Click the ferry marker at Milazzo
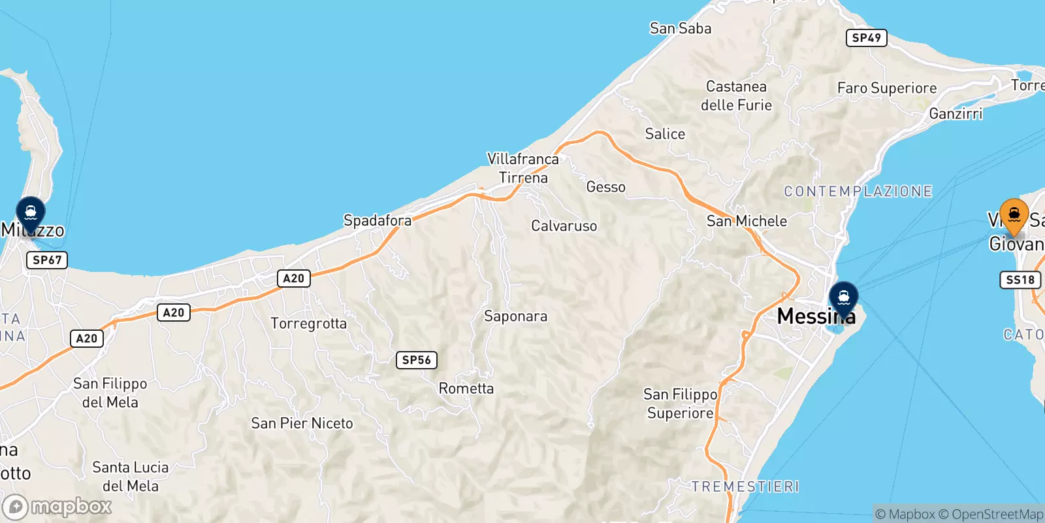[x=30, y=213]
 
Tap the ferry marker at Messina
[x=843, y=298]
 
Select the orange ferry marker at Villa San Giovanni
[x=1014, y=215]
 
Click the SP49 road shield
[x=867, y=38]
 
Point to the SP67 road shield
[x=47, y=260]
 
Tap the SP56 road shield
[x=416, y=360]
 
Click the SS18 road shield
[x=1020, y=280]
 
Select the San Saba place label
[x=680, y=28]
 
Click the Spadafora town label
[x=378, y=220]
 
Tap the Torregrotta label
[x=308, y=323]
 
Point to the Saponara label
[x=515, y=316]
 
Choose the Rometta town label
[x=466, y=388]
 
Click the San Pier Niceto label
[x=302, y=423]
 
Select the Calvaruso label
[x=564, y=226]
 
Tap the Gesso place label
[x=605, y=187]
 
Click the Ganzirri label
[x=956, y=114]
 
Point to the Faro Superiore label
[x=886, y=88]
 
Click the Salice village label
[x=665, y=134]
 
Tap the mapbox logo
[x=57, y=507]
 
